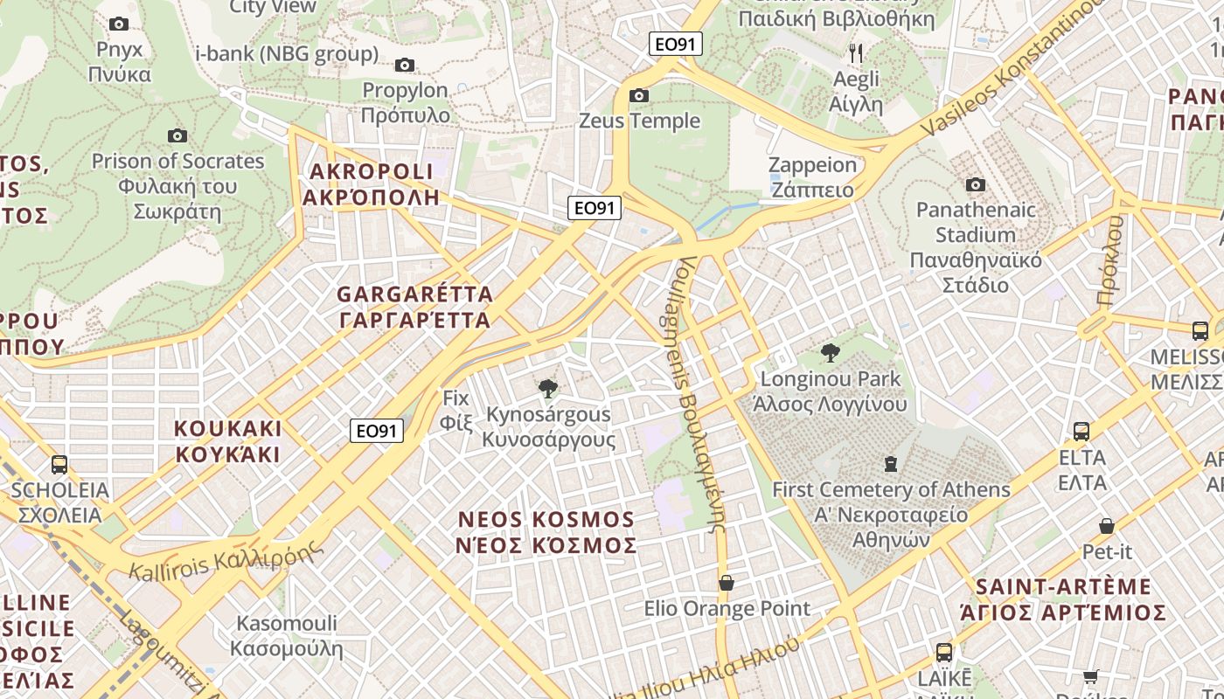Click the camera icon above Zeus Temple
pos(639,95)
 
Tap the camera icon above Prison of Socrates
pos(177,135)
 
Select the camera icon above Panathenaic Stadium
pos(975,184)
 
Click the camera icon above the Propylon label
pos(404,65)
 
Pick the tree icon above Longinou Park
pos(830,353)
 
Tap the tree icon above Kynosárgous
pos(548,388)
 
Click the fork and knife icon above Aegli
pos(856,53)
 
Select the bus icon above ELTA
pos(1081,431)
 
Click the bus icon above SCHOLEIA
pos(59,465)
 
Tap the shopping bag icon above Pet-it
pos(1107,526)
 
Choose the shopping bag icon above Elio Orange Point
pos(726,582)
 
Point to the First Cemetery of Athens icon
pos(890,463)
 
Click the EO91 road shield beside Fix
pos(377,430)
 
